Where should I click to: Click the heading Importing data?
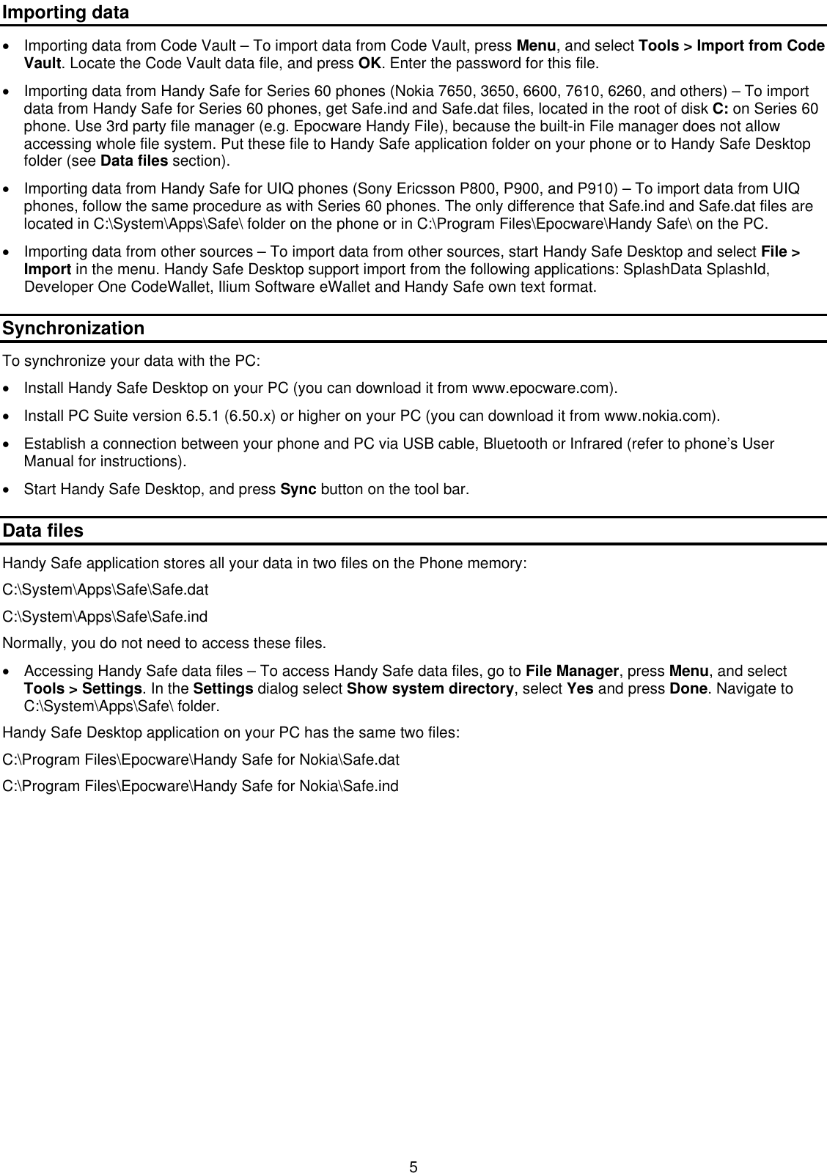point(65,12)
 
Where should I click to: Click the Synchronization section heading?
point(73,328)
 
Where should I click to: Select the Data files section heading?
point(43,531)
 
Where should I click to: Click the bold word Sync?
point(298,489)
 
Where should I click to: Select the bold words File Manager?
point(573,672)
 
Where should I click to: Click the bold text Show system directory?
point(430,689)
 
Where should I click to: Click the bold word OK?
point(368,64)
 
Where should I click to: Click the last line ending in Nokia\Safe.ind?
point(201,787)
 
